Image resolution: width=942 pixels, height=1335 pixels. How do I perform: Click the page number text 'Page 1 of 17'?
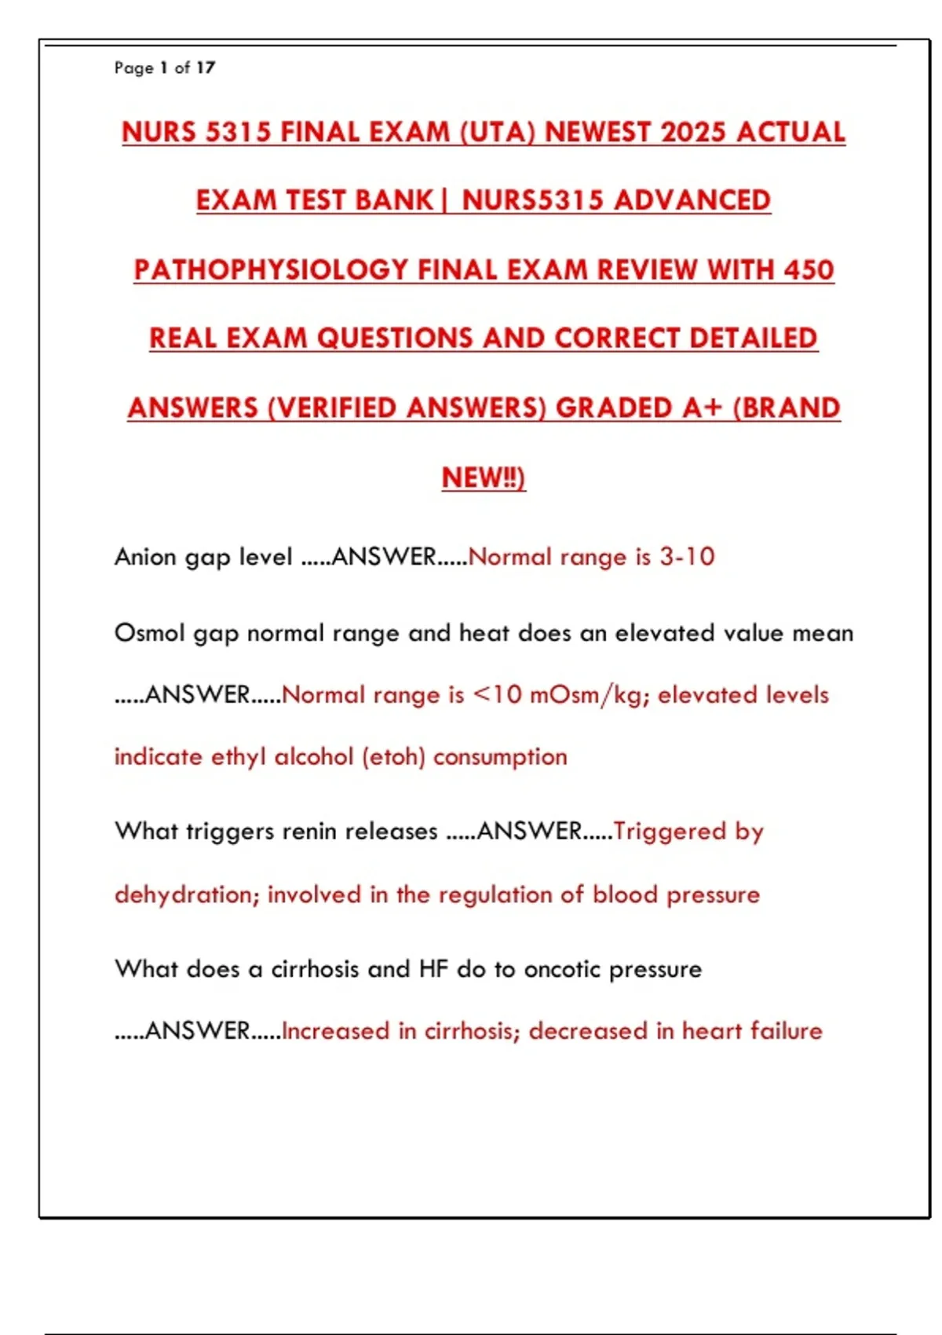point(165,68)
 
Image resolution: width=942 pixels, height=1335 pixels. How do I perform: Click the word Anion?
point(145,557)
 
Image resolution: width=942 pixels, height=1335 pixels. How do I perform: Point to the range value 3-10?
point(687,557)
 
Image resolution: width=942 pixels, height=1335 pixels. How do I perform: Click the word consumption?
point(500,757)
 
